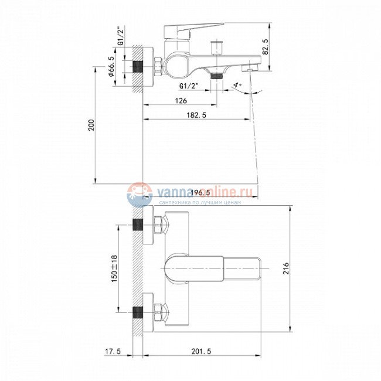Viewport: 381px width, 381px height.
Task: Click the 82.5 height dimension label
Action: pos(266,47)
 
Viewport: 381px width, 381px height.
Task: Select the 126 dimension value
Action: pos(181,100)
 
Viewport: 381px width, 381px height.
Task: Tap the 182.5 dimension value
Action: pos(196,115)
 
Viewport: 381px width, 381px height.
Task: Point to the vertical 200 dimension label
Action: pos(91,125)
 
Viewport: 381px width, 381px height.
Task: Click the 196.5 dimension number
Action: pos(200,193)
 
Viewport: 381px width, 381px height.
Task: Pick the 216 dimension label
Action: pos(286,268)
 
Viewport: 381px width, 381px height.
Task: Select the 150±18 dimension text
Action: pos(114,268)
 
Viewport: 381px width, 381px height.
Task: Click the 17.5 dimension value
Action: pos(113,351)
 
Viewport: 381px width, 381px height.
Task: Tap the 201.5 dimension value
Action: pos(202,351)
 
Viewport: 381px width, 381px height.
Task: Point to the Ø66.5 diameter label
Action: pos(111,66)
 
